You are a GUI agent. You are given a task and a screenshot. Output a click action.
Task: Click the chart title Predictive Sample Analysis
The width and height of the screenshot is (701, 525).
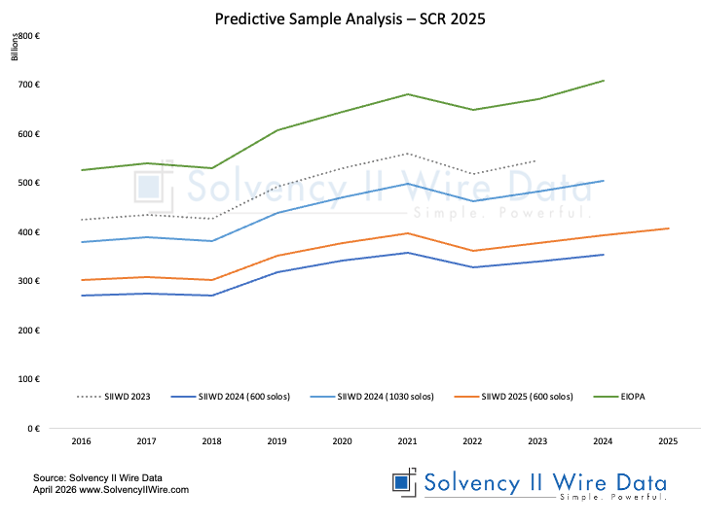[x=350, y=18]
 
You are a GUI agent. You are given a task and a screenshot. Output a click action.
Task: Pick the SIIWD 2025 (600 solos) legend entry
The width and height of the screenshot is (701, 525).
[x=527, y=397]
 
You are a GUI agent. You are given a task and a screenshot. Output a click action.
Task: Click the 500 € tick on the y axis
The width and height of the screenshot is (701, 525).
[x=28, y=183]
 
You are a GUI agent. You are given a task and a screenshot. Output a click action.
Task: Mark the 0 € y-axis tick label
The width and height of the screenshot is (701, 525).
[x=32, y=428]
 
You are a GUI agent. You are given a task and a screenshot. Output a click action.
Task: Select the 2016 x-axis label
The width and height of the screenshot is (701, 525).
[x=81, y=440]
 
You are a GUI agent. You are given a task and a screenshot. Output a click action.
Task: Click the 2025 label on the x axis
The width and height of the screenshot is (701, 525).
[x=668, y=440]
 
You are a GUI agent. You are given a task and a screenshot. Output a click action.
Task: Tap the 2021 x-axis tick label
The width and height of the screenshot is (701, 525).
[x=407, y=440]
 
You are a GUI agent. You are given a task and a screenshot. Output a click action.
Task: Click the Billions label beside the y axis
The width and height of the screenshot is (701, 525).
[x=15, y=47]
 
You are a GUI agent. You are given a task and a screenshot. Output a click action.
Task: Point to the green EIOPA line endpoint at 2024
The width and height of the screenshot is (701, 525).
[x=603, y=81]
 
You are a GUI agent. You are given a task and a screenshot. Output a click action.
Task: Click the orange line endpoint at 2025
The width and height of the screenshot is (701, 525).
[x=668, y=228]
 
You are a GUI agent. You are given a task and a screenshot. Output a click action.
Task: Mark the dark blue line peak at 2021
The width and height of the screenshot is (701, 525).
[x=407, y=253]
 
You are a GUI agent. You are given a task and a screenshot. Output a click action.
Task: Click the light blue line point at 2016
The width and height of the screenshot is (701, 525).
[x=81, y=242]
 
